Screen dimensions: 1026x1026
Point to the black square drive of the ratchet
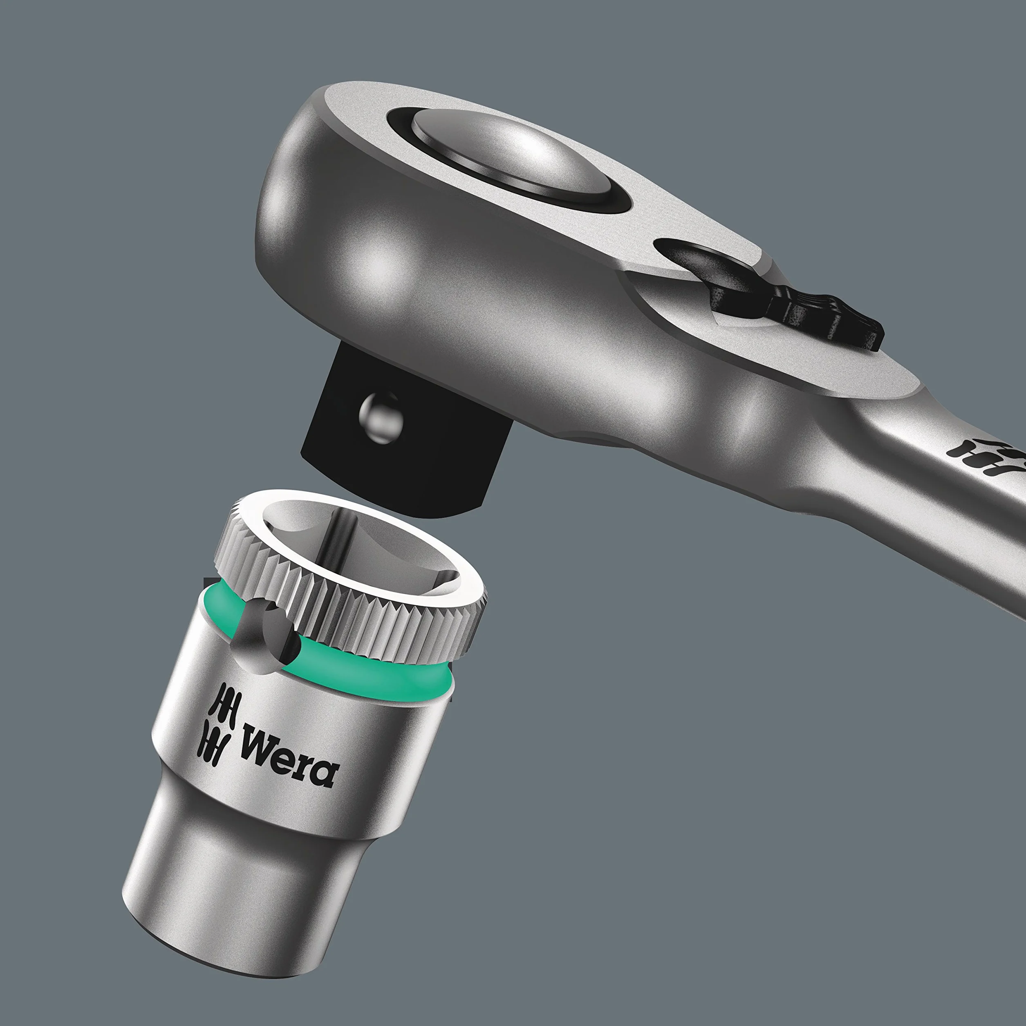393,430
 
